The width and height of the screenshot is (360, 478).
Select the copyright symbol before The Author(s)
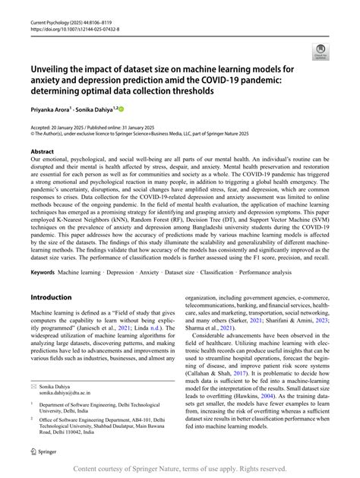coord(33,134)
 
